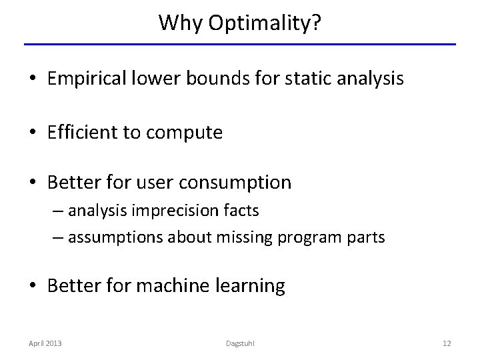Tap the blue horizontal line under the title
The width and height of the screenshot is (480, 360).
(x=240, y=45)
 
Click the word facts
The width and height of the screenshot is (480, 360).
(x=241, y=211)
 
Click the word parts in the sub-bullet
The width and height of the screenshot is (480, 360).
(x=366, y=237)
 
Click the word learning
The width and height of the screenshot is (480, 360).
(x=251, y=286)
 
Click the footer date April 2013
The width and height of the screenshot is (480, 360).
(x=45, y=343)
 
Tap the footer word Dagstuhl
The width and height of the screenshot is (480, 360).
(x=239, y=343)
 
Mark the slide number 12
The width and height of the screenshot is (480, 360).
(x=447, y=343)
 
